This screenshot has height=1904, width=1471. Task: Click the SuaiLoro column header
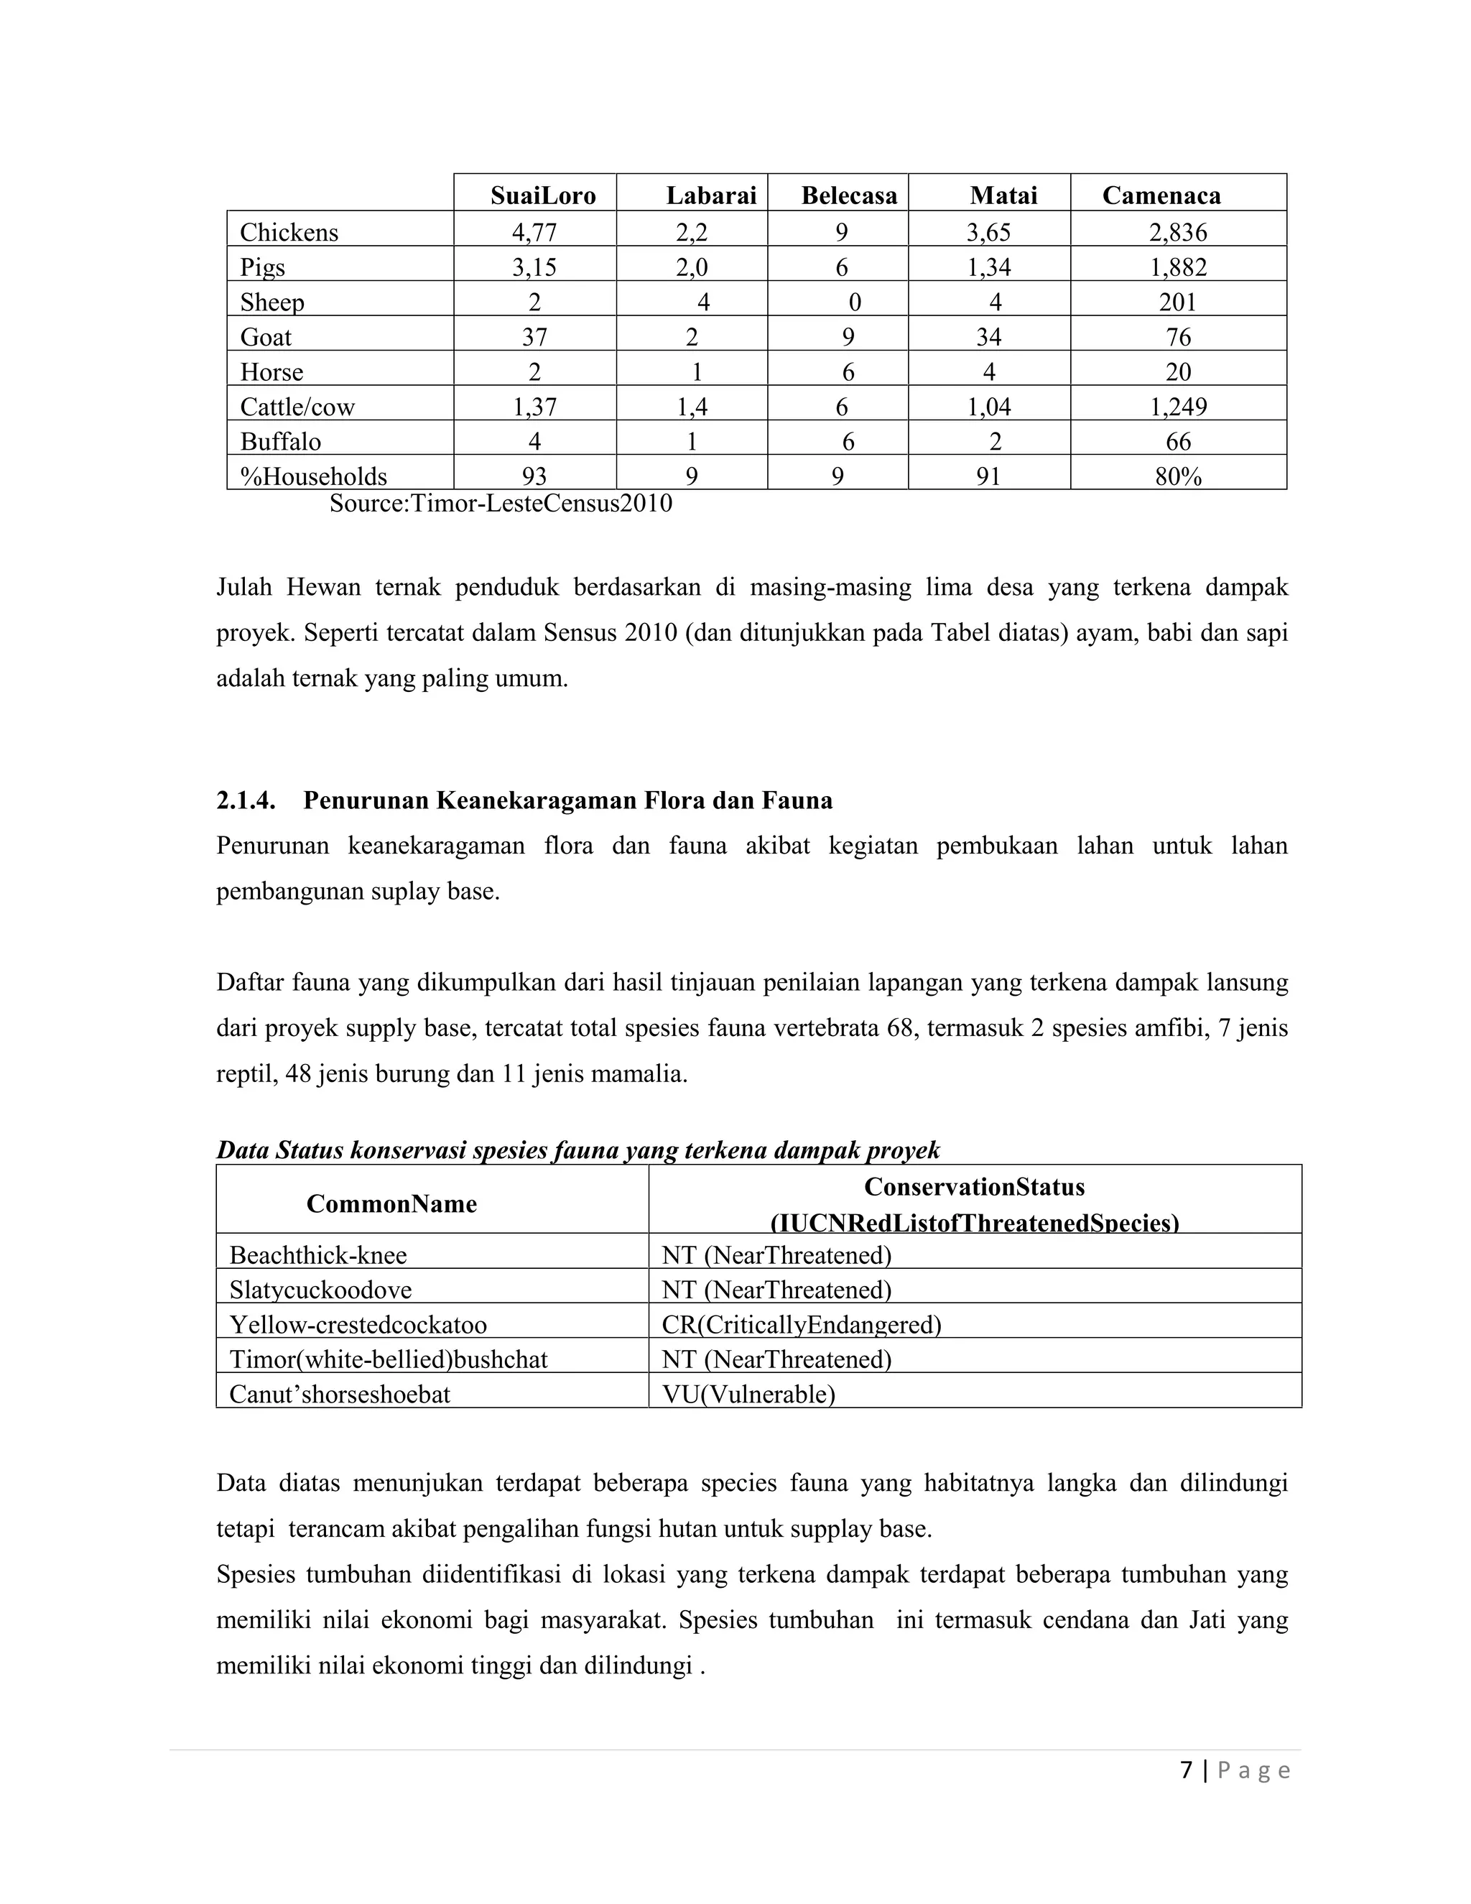click(x=542, y=195)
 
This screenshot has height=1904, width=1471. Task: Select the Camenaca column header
click(x=1161, y=195)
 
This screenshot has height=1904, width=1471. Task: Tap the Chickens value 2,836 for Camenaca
click(x=1178, y=233)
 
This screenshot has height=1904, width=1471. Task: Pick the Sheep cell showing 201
click(x=1178, y=302)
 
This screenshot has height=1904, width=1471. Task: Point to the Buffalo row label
click(x=281, y=442)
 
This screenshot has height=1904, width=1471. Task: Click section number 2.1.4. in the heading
click(x=246, y=800)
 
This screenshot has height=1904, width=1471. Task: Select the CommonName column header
click(x=391, y=1204)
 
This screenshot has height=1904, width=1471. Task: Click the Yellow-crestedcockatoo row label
click(x=358, y=1325)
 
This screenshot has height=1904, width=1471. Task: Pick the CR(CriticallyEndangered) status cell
click(x=801, y=1325)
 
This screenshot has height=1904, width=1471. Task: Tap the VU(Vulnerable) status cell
click(x=748, y=1394)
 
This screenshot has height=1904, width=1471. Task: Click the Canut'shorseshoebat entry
click(x=340, y=1394)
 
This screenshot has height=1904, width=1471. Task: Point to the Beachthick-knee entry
click(x=318, y=1255)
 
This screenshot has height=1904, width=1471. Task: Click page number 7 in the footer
click(x=1186, y=1770)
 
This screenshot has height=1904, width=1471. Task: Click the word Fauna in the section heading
click(x=797, y=800)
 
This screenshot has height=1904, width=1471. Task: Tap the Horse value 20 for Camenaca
click(x=1178, y=372)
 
